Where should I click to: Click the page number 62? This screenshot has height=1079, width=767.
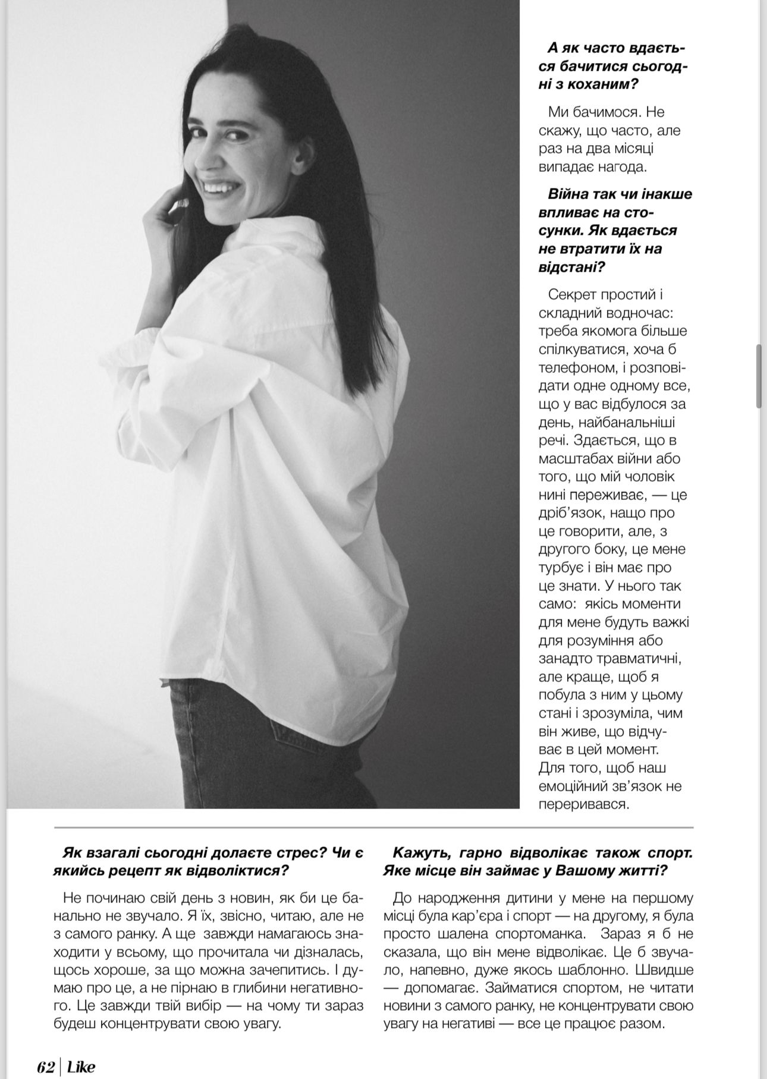pos(45,1067)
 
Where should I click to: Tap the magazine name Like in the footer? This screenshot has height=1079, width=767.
pos(81,1067)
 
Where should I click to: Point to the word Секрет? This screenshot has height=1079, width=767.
pos(573,294)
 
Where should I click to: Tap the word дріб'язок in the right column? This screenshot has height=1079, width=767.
pos(576,512)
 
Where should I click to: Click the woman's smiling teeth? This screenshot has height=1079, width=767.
pos(218,185)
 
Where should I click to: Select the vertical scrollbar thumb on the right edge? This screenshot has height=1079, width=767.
pos(759,376)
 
